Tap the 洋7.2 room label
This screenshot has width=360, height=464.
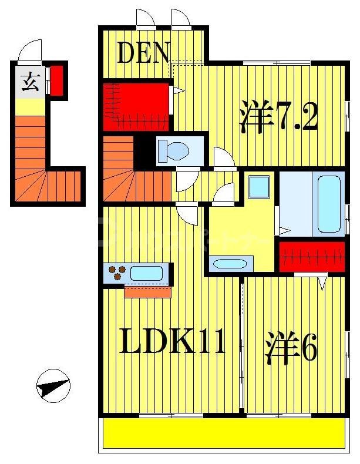click(278, 118)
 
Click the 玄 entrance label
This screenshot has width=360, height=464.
click(30, 83)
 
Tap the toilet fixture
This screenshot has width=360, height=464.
click(174, 150)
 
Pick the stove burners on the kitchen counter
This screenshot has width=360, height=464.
click(117, 273)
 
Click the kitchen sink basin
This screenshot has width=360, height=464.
click(146, 273)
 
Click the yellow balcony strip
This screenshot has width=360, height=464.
click(224, 433)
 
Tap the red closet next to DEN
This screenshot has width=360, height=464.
click(136, 106)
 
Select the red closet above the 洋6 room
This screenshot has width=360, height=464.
click(311, 257)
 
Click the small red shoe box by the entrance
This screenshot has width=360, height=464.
click(56, 80)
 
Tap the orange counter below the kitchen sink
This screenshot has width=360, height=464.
click(147, 291)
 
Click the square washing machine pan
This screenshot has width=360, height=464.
click(258, 187)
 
